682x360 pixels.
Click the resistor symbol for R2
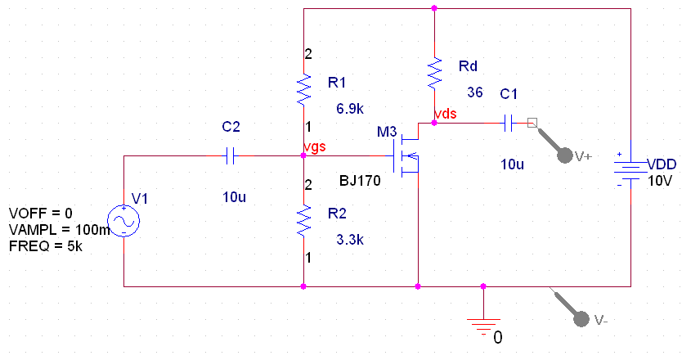pyautogui.click(x=303, y=219)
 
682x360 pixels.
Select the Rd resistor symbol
pyautogui.click(x=434, y=73)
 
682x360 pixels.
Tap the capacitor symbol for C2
pyautogui.click(x=230, y=155)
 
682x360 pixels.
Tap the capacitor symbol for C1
pyautogui.click(x=508, y=124)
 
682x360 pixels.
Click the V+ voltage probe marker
pyautogui.click(x=563, y=154)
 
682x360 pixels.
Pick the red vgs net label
pyautogui.click(x=315, y=146)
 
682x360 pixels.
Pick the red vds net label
pyautogui.click(x=446, y=114)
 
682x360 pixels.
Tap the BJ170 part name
pyautogui.click(x=360, y=181)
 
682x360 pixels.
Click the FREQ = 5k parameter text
pyautogui.click(x=47, y=245)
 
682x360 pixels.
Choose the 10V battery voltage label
pyautogui.click(x=660, y=181)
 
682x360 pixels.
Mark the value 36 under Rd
pyautogui.click(x=475, y=91)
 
